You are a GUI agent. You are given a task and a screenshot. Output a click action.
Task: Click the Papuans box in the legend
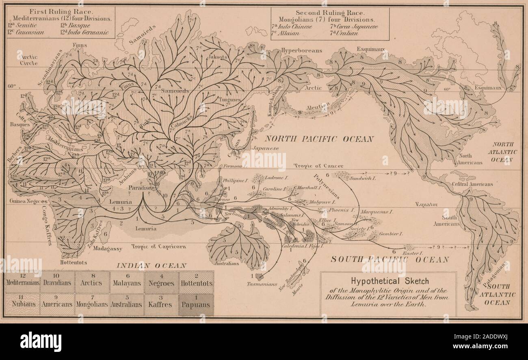click(x=197, y=305)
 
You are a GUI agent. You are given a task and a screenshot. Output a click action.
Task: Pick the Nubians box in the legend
click(x=22, y=305)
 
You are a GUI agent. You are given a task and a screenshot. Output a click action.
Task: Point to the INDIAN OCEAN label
click(x=152, y=266)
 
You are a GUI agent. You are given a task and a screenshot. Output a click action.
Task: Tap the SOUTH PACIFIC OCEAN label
click(x=389, y=259)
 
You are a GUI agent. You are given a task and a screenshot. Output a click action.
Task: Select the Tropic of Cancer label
click(x=319, y=166)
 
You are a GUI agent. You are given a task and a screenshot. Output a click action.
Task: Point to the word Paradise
click(x=140, y=188)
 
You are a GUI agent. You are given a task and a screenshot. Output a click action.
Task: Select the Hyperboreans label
click(x=301, y=50)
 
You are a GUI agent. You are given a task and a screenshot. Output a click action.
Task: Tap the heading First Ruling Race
click(x=59, y=12)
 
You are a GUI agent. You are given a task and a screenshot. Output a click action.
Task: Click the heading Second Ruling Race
click(x=329, y=13)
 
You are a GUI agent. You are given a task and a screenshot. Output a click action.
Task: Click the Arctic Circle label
click(x=29, y=60)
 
